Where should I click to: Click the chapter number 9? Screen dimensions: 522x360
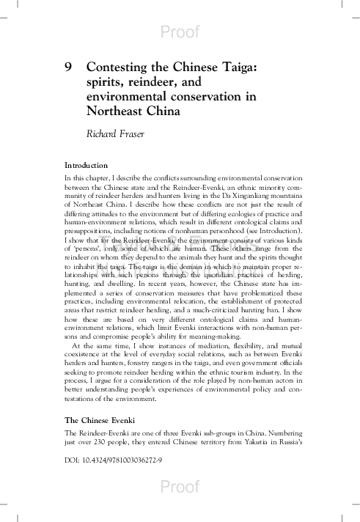pos(69,67)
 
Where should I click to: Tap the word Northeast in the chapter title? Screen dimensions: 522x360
pos(119,112)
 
